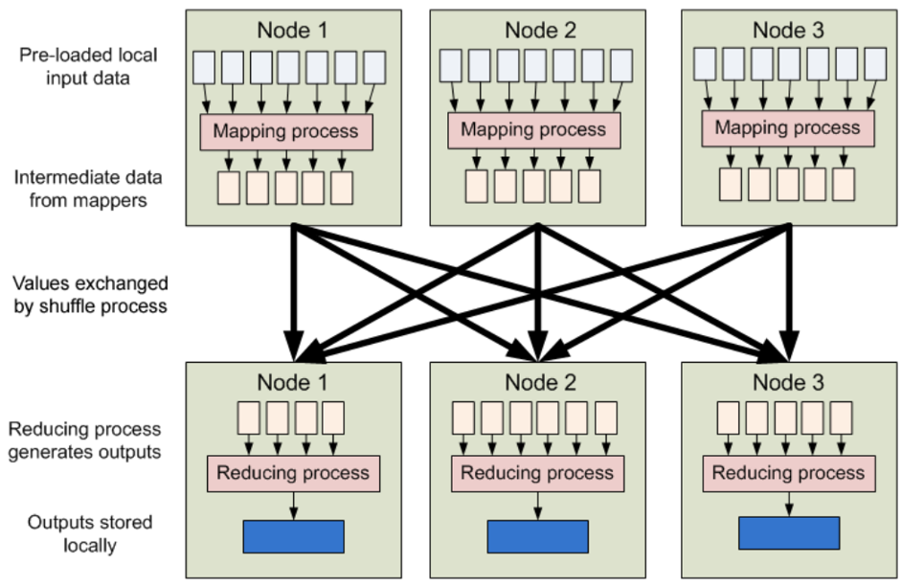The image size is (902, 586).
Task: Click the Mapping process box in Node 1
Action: (x=286, y=132)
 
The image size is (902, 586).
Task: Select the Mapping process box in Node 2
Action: (x=534, y=130)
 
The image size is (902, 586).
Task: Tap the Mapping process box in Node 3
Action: (x=788, y=128)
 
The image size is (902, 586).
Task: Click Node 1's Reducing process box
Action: (x=293, y=474)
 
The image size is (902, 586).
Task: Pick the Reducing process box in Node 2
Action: (x=538, y=474)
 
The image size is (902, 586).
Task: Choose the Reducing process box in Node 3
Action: (x=789, y=474)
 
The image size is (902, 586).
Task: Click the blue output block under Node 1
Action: (x=294, y=537)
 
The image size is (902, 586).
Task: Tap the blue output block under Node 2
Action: (x=538, y=537)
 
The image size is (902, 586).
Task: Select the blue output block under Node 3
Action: (x=789, y=533)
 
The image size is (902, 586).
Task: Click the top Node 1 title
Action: (x=292, y=31)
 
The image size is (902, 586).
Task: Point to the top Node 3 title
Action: (x=789, y=31)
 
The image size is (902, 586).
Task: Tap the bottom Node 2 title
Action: (x=541, y=382)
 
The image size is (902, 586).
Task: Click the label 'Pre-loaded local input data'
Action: (x=88, y=66)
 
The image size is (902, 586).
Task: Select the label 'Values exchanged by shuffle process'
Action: (x=90, y=295)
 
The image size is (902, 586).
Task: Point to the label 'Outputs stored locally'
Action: (x=90, y=533)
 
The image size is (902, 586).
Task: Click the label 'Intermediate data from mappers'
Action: (x=88, y=189)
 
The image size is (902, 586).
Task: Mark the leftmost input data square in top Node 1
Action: (x=204, y=68)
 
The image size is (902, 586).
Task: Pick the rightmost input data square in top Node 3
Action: (x=875, y=64)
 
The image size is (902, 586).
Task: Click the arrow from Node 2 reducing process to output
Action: (x=538, y=507)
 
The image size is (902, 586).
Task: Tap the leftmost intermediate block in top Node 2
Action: (x=476, y=187)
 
